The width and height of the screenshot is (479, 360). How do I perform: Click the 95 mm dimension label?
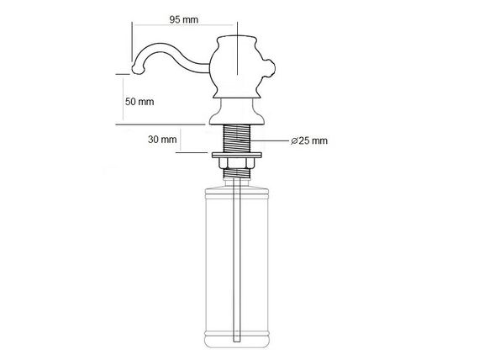[183, 20]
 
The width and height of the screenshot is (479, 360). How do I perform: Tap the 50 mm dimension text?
[139, 102]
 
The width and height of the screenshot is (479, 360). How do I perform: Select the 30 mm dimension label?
[162, 140]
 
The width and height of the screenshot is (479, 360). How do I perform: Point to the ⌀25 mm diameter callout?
[309, 140]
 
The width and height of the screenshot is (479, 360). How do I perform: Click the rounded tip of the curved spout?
[137, 69]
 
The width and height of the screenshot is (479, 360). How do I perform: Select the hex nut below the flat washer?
[237, 163]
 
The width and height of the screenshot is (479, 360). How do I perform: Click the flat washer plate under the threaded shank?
[237, 155]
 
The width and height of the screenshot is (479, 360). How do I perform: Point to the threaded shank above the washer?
[237, 138]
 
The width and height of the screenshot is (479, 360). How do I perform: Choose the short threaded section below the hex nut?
[237, 173]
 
